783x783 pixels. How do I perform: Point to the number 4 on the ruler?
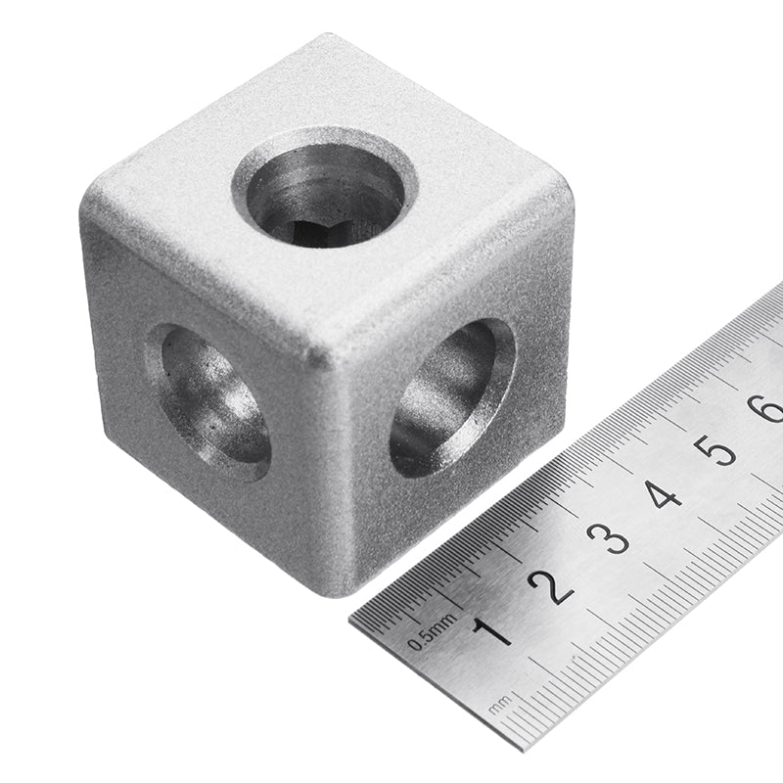(663, 493)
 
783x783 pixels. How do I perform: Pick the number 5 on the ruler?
(717, 450)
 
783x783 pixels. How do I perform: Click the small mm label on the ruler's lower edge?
(501, 703)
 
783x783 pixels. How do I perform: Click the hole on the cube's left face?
(208, 401)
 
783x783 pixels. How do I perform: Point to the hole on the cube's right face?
(451, 396)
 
